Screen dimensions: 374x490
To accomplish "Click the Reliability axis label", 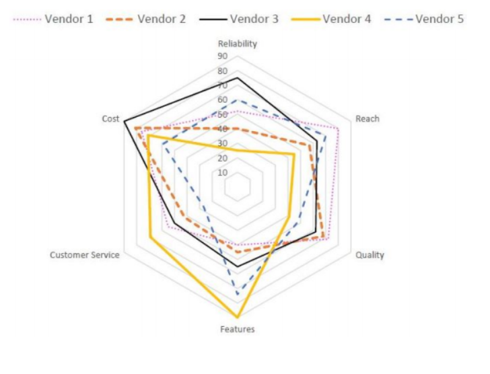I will pyautogui.click(x=237, y=44).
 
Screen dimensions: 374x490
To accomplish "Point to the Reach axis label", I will pyautogui.click(x=367, y=118).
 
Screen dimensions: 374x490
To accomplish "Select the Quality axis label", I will pyautogui.click(x=370, y=255).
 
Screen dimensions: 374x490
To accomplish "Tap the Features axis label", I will pyautogui.click(x=237, y=330).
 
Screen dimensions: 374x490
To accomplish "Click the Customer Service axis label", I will pyautogui.click(x=85, y=255).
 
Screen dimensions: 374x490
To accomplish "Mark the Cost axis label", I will pyautogui.click(x=110, y=118).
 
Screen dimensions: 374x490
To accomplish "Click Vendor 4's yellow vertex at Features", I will pyautogui.click(x=237, y=316).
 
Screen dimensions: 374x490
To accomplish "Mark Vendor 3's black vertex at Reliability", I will pyautogui.click(x=237, y=78).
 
